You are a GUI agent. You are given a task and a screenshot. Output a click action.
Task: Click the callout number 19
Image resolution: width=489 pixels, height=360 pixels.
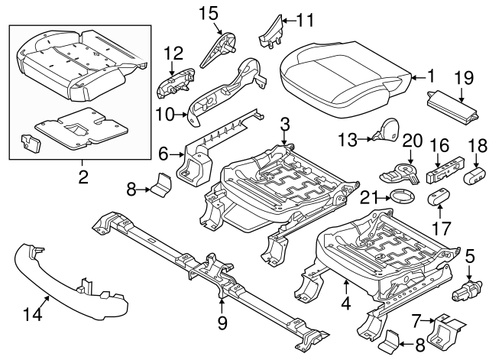tap(463, 77)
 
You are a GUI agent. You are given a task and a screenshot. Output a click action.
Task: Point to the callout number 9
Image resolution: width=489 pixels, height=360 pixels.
tap(222, 323)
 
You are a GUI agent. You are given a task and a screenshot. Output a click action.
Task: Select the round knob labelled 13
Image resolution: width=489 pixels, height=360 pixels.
tap(387, 131)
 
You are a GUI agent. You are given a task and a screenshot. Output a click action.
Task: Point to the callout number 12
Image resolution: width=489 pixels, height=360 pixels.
tap(173, 53)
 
